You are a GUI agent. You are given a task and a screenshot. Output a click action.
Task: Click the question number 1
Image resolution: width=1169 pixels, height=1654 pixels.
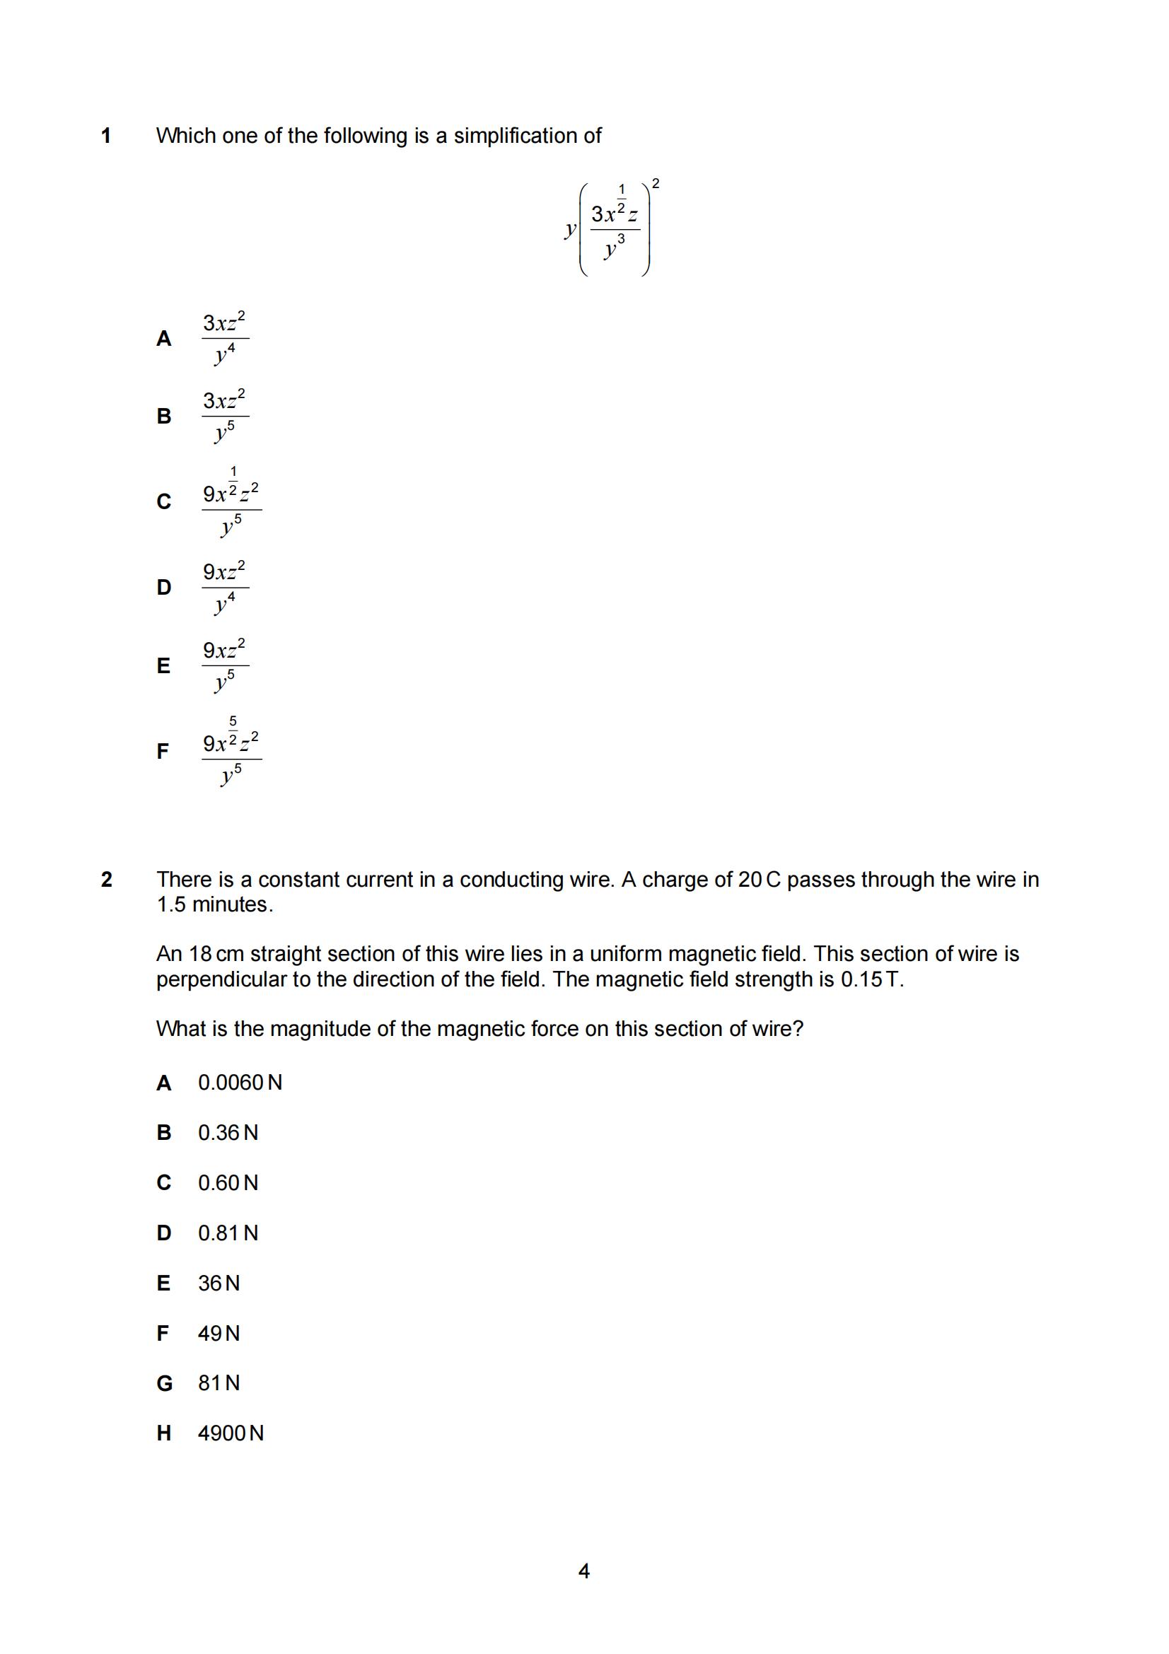coord(106,136)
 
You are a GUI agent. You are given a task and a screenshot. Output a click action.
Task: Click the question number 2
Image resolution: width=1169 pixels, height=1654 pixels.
coord(107,880)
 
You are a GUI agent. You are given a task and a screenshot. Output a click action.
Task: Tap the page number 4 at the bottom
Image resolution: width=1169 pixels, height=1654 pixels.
coord(584,1571)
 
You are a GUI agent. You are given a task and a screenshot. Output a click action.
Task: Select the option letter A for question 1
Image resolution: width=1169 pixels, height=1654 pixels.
coord(163,339)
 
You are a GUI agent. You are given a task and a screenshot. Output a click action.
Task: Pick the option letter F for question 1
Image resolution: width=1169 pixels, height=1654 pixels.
coord(163,752)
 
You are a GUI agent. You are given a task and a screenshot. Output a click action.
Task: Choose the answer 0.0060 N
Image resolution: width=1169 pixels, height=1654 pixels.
coord(240,1083)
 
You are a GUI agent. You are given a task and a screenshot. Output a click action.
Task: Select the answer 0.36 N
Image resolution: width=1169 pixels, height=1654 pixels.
coord(228,1133)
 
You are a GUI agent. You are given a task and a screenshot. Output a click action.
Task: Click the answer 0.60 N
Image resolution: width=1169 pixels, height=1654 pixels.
coord(228,1183)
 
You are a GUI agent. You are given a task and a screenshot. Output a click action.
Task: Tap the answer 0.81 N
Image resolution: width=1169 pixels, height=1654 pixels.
coord(228,1233)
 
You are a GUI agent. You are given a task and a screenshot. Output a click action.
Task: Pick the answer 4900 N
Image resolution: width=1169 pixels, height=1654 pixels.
coord(231,1433)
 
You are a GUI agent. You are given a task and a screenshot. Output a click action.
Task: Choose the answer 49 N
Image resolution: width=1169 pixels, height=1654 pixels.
coord(219,1334)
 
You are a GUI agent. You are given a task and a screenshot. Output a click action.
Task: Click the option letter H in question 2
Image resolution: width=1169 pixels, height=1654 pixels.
coord(163,1433)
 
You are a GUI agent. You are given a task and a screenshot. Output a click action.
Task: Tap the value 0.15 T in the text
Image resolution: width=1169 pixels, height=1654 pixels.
coord(871,979)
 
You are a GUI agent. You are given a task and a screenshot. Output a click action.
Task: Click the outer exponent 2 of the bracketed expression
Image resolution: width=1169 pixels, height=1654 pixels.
coord(656,184)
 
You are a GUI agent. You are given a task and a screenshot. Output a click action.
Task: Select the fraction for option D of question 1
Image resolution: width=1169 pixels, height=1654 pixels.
coord(225,588)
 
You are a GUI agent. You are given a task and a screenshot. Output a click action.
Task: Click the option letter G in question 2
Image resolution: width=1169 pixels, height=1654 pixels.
coord(164,1383)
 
